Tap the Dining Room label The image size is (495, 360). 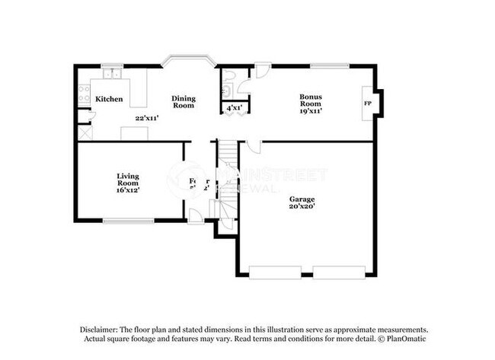(x=184, y=101)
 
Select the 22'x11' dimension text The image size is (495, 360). (x=145, y=118)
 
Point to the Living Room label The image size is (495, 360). (x=127, y=180)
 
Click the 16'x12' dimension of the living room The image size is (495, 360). (x=127, y=190)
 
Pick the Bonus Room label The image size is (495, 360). (x=310, y=100)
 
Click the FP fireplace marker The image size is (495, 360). (x=368, y=104)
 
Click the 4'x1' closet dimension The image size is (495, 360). (x=235, y=109)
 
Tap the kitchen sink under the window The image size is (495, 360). (x=113, y=74)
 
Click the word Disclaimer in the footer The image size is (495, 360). (x=102, y=330)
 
